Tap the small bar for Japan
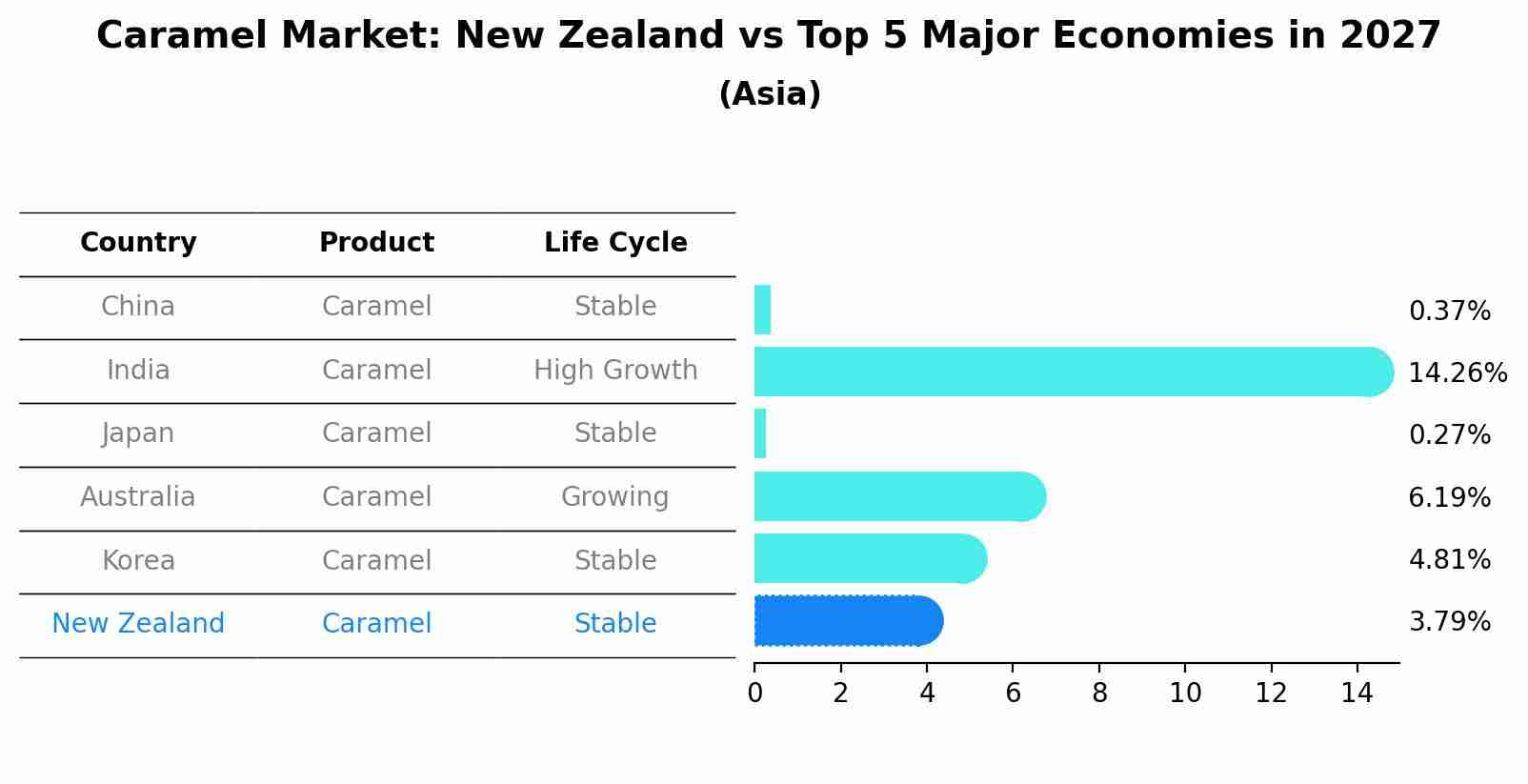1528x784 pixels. point(760,434)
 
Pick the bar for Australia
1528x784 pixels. point(895,496)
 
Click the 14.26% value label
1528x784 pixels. point(1457,373)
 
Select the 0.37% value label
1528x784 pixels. point(1449,312)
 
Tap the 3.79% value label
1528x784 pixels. point(1449,622)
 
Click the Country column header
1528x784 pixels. point(138,243)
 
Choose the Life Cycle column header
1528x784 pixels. point(615,243)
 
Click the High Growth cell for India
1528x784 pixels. point(615,371)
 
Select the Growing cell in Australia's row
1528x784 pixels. point(615,497)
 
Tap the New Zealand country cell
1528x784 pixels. point(138,624)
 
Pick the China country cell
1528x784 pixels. point(138,307)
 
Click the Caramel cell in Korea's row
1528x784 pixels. point(376,561)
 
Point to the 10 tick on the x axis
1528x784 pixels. point(1185,694)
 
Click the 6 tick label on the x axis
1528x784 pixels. point(1013,694)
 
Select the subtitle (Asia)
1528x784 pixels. point(770,94)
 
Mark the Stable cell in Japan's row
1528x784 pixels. point(615,433)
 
